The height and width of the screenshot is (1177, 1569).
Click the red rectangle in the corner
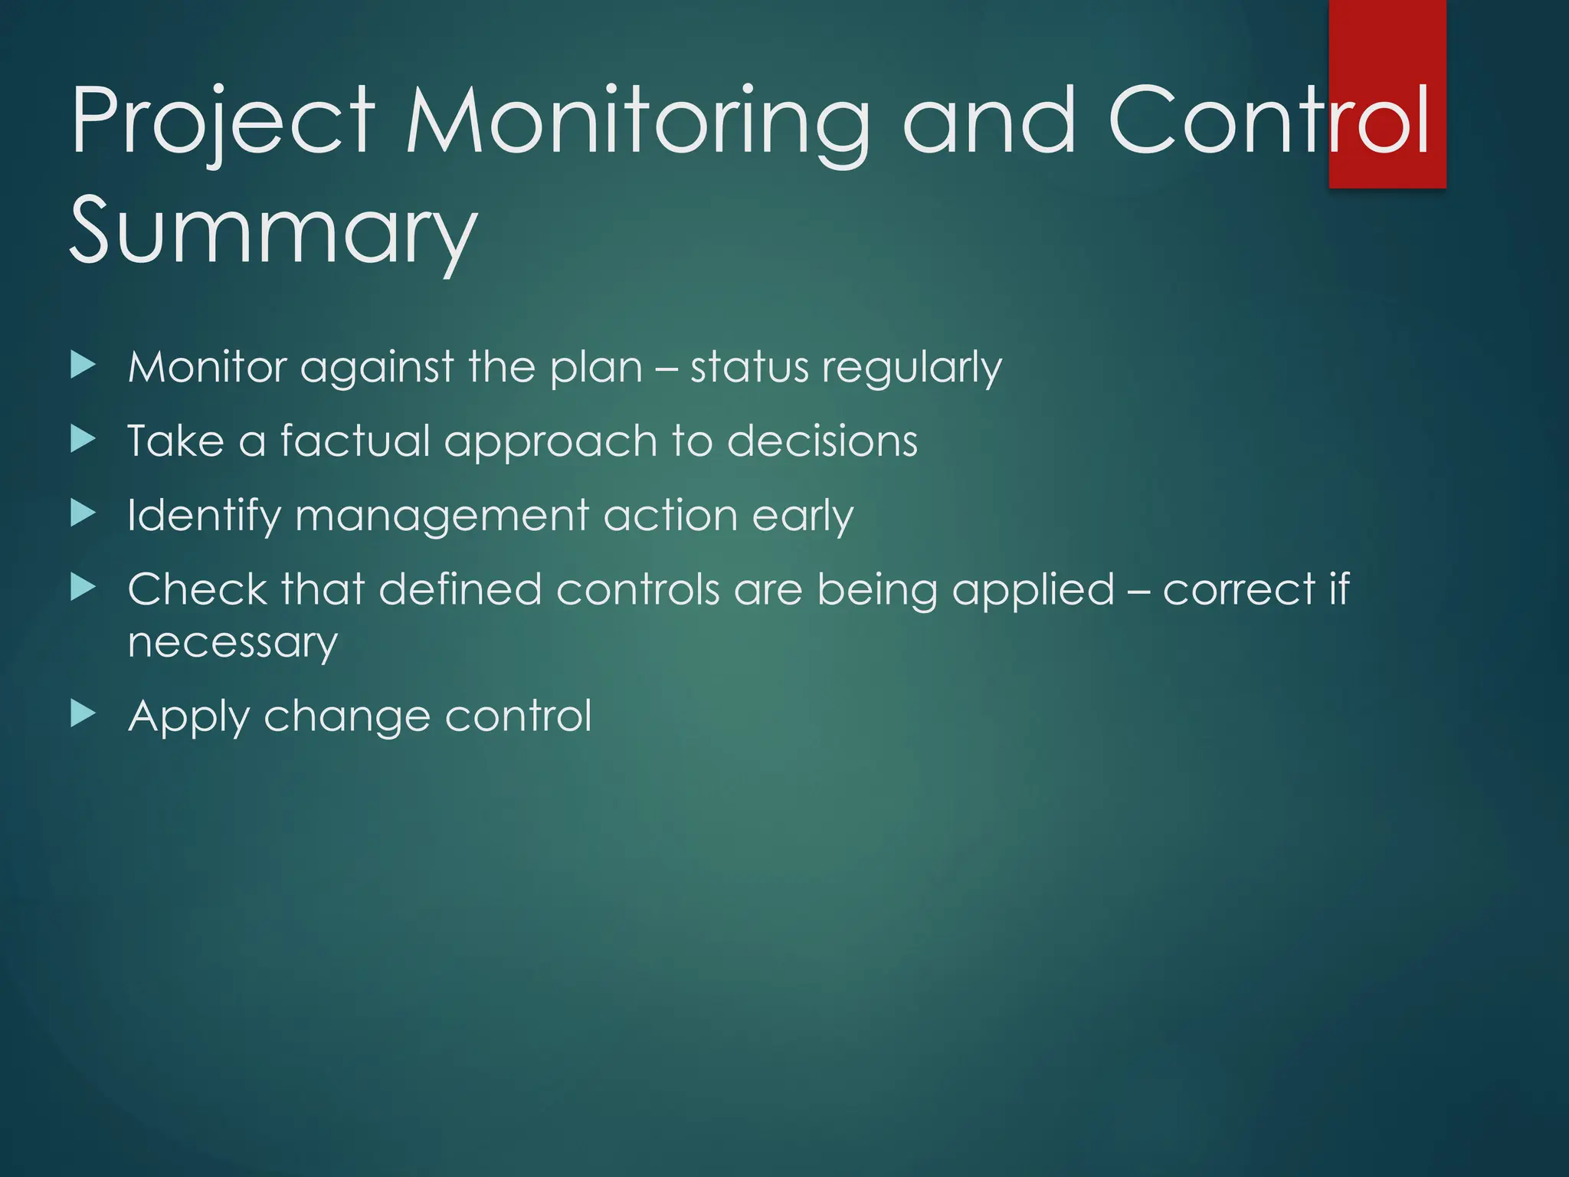tap(1387, 46)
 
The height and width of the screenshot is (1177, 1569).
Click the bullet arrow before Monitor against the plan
tap(83, 366)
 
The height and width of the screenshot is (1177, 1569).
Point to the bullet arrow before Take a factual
tap(83, 440)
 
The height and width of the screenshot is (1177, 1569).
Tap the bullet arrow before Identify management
tap(83, 513)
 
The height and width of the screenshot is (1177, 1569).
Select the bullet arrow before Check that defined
tap(83, 588)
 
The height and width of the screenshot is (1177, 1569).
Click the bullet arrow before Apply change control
tap(83, 714)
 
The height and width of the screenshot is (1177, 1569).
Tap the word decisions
tap(822, 441)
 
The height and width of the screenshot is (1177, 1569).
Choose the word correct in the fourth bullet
tap(1239, 590)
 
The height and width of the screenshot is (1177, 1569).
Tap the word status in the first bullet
tap(748, 367)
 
